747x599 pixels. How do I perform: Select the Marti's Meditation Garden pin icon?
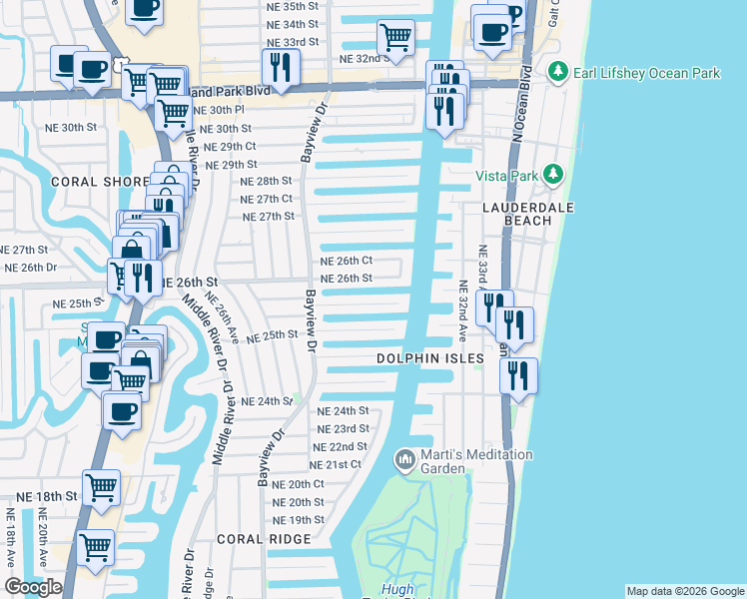tap(404, 459)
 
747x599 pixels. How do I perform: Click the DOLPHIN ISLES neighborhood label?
tap(429, 357)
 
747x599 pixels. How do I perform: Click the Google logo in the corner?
tap(33, 587)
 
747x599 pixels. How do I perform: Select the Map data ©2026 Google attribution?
tap(684, 591)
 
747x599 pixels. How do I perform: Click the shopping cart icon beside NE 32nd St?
tap(396, 37)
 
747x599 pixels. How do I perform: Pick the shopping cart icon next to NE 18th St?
tap(101, 486)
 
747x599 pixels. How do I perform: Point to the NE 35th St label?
tap(294, 6)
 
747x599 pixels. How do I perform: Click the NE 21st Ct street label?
tap(336, 465)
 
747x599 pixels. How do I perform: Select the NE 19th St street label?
tap(299, 520)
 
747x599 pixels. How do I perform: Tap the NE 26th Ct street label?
tap(346, 261)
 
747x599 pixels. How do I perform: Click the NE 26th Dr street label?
tap(31, 268)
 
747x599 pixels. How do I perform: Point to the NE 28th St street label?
tap(266, 181)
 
